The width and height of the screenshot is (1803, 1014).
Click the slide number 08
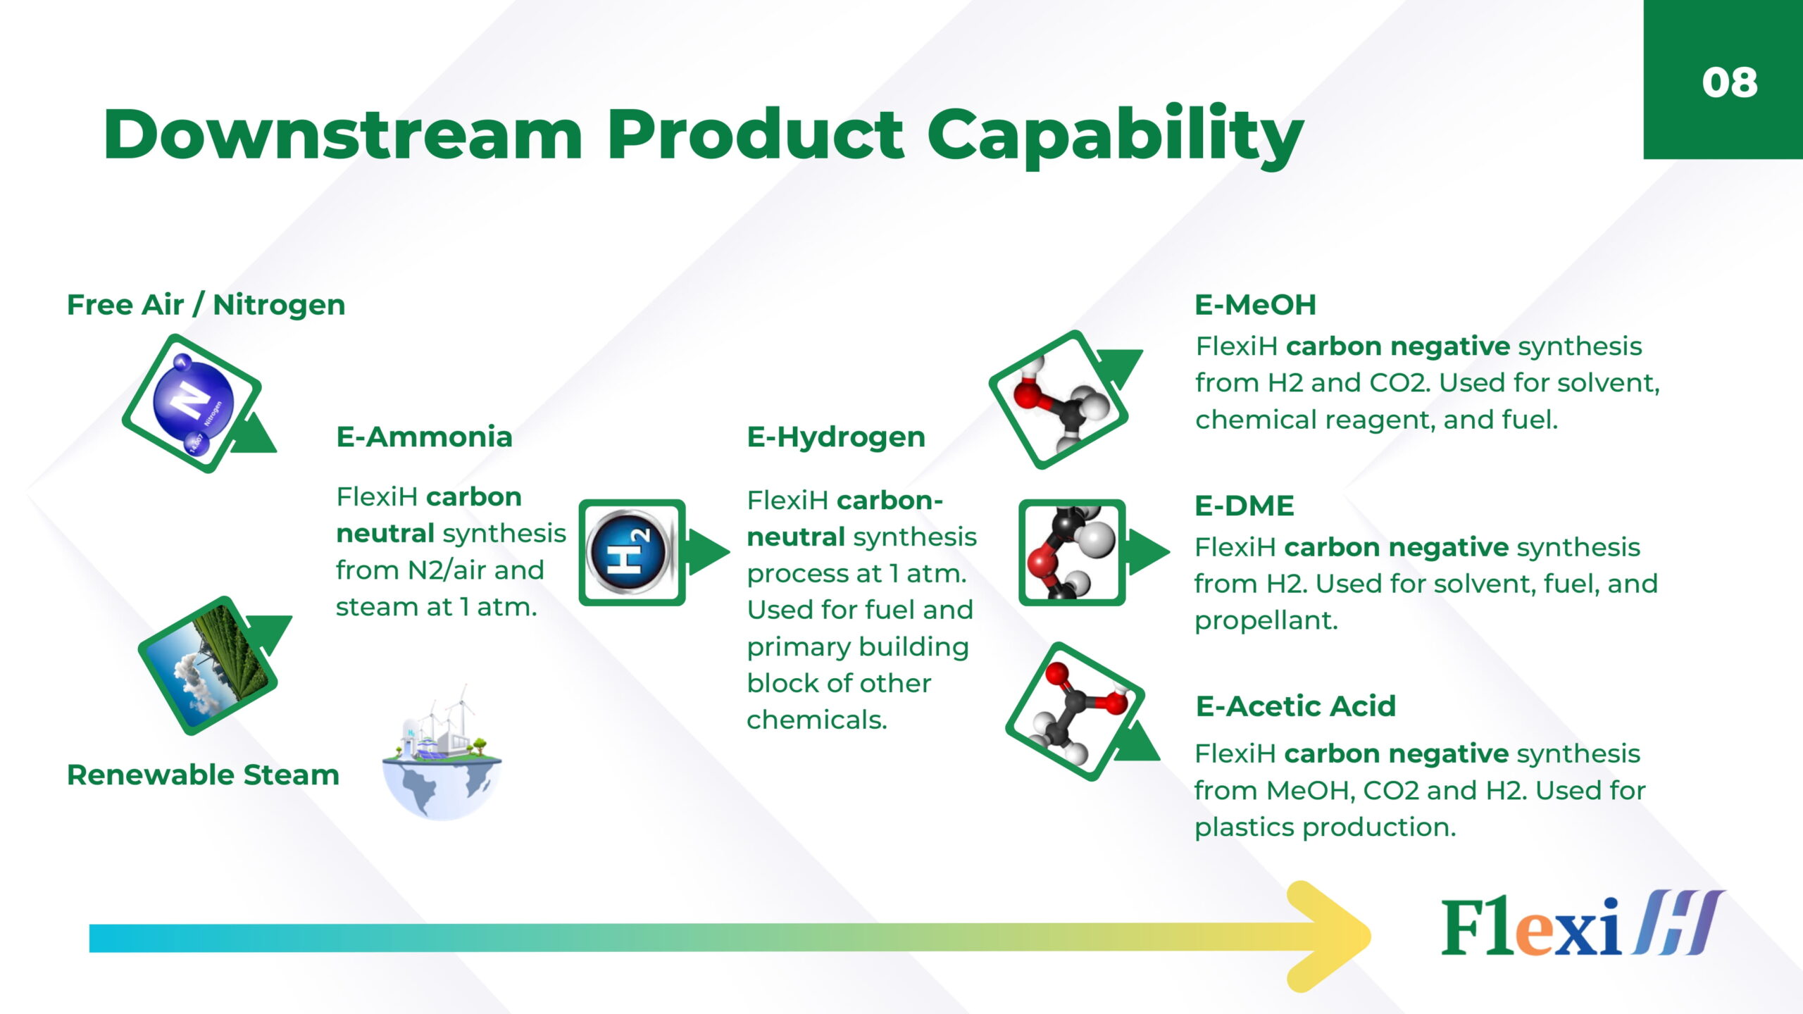(1730, 82)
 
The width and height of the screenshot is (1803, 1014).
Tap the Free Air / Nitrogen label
(206, 305)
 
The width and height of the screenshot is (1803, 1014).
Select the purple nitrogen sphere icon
(193, 403)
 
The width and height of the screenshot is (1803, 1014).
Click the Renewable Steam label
(203, 775)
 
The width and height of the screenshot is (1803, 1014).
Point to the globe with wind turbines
(442, 753)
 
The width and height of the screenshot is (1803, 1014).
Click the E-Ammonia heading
(424, 437)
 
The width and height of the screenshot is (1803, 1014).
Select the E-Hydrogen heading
(836, 437)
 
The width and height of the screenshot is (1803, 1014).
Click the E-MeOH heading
(1255, 305)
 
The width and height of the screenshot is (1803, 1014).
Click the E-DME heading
(1244, 506)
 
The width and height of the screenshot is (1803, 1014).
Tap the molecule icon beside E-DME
(1072, 553)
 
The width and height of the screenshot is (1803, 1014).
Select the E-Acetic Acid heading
(1296, 706)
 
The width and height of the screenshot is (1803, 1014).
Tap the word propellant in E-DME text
(1266, 621)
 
